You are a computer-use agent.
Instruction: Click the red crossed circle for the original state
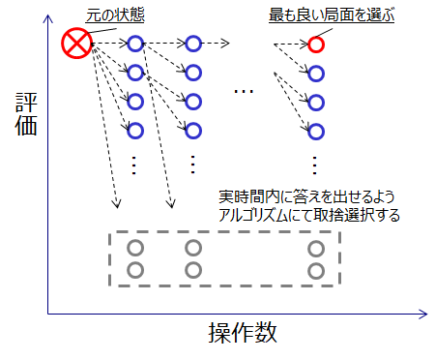point(75,43)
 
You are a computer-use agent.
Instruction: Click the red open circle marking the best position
point(316,44)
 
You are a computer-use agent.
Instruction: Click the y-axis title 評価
point(26,113)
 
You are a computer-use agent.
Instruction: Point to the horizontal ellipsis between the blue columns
point(244,92)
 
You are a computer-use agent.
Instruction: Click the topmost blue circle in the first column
point(135,44)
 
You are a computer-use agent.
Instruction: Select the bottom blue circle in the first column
point(135,130)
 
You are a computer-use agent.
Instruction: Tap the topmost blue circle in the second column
point(193,44)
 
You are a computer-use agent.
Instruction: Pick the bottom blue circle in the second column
point(193,130)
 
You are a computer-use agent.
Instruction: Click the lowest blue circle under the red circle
point(316,130)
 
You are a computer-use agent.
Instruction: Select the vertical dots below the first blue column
point(135,164)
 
